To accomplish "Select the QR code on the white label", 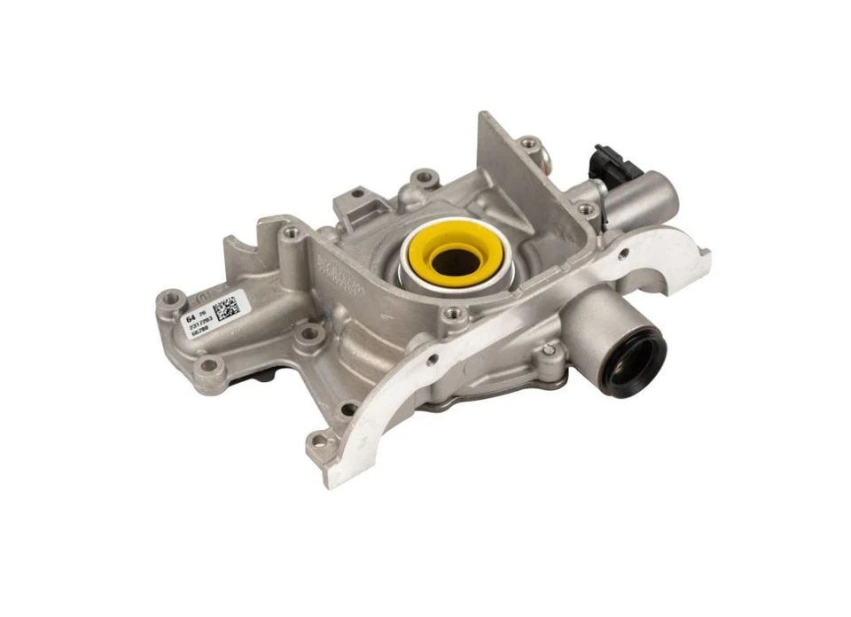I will point(226,308).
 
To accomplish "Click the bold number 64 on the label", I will point(190,316).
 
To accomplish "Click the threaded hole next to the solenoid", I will point(585,210).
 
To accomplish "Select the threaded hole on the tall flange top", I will point(528,142).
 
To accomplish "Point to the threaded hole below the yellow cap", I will point(455,312).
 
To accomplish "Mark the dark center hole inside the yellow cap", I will point(458,259).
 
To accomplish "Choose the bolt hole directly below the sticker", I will point(209,365).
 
